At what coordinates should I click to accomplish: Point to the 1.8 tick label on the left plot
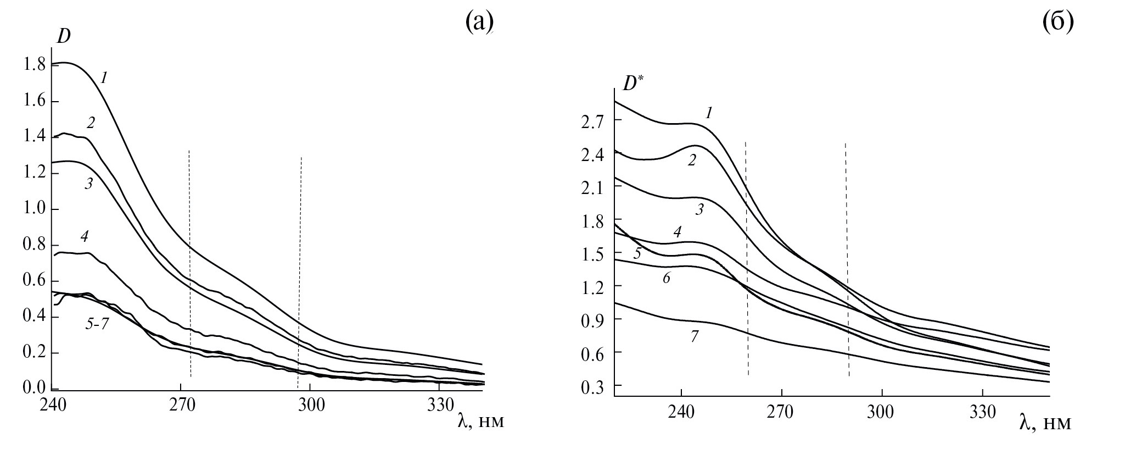(x=34, y=65)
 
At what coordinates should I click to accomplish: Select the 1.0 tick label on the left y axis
(x=34, y=209)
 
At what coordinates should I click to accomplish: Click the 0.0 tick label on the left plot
(x=34, y=389)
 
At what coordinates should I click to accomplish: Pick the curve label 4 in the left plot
(x=84, y=237)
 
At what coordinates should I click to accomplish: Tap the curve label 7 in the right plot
(x=694, y=336)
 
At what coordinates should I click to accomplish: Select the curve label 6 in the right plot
(x=666, y=278)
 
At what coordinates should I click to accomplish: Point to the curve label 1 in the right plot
(x=709, y=113)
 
